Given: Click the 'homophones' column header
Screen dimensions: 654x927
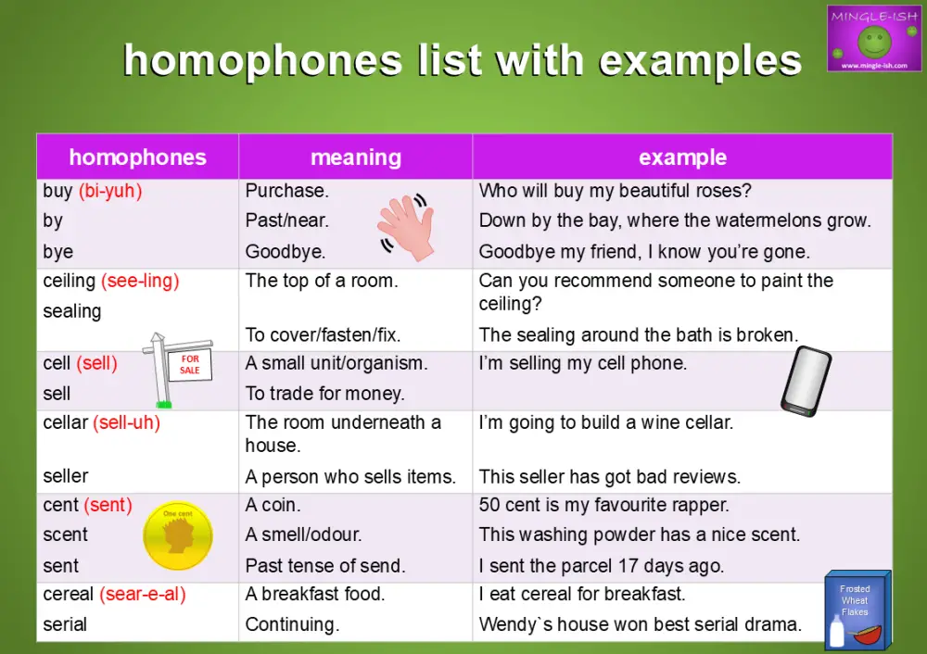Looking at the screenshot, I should [x=137, y=157].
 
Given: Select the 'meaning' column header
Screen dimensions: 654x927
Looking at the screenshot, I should [x=356, y=157].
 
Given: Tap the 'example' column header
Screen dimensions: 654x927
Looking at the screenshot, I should [x=682, y=157].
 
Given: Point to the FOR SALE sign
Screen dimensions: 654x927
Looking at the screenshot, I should [x=188, y=365].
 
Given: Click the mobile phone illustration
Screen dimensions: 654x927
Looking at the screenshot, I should [x=804, y=379].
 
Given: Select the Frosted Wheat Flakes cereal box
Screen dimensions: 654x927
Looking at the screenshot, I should [x=857, y=609].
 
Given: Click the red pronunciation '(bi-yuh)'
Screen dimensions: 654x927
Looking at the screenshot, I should [x=110, y=191].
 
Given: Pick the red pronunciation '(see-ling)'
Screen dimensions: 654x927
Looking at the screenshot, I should [x=140, y=281].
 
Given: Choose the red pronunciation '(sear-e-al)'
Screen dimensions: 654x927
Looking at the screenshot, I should [x=143, y=594].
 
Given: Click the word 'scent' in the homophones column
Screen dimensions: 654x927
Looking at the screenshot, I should [x=65, y=535].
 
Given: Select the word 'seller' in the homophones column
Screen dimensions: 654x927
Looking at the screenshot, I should [x=66, y=476].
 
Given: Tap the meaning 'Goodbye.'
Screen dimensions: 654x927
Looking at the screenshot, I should [x=285, y=252].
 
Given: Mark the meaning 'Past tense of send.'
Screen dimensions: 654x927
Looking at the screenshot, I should [x=325, y=565].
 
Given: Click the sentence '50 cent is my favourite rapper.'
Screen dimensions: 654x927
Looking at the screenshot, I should [x=603, y=505].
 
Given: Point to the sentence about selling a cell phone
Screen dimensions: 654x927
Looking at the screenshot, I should [x=582, y=363].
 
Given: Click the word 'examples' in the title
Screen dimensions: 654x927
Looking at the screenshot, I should [x=700, y=61].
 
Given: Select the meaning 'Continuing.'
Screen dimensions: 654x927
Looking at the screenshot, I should [x=292, y=624].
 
